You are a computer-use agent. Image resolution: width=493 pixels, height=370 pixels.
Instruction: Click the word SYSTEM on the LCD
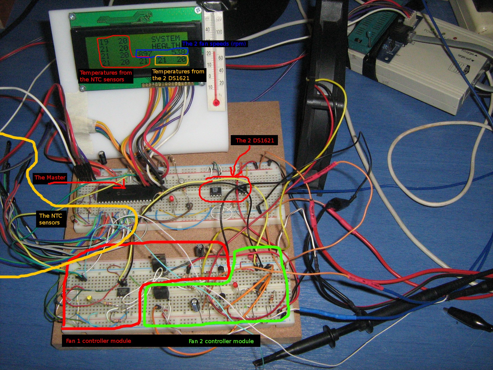pyautogui.click(x=165, y=39)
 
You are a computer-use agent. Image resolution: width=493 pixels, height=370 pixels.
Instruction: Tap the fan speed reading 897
pyautogui.click(x=145, y=54)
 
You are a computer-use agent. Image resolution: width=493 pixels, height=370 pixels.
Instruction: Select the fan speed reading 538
pyautogui.click(x=179, y=52)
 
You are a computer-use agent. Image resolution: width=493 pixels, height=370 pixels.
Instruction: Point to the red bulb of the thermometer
pyautogui.click(x=216, y=102)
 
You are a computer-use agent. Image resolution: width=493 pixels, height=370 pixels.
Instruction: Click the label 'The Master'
pyautogui.click(x=50, y=177)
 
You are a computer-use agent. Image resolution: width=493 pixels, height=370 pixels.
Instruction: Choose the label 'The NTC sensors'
pyautogui.click(x=50, y=219)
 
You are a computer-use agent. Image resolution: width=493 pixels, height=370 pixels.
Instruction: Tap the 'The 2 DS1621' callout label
pyautogui.click(x=255, y=140)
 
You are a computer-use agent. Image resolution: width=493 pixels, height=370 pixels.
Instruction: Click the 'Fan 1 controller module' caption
pyautogui.click(x=99, y=341)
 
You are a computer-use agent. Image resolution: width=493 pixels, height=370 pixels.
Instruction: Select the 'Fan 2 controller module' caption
pyautogui.click(x=221, y=341)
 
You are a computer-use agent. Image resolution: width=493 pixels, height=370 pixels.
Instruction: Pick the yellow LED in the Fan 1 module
pyautogui.click(x=89, y=298)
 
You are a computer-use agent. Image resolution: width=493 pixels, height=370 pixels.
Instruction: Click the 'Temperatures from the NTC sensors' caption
pyautogui.click(x=106, y=76)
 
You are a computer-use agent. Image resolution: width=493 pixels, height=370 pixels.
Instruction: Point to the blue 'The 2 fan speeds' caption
pyautogui.click(x=214, y=43)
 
